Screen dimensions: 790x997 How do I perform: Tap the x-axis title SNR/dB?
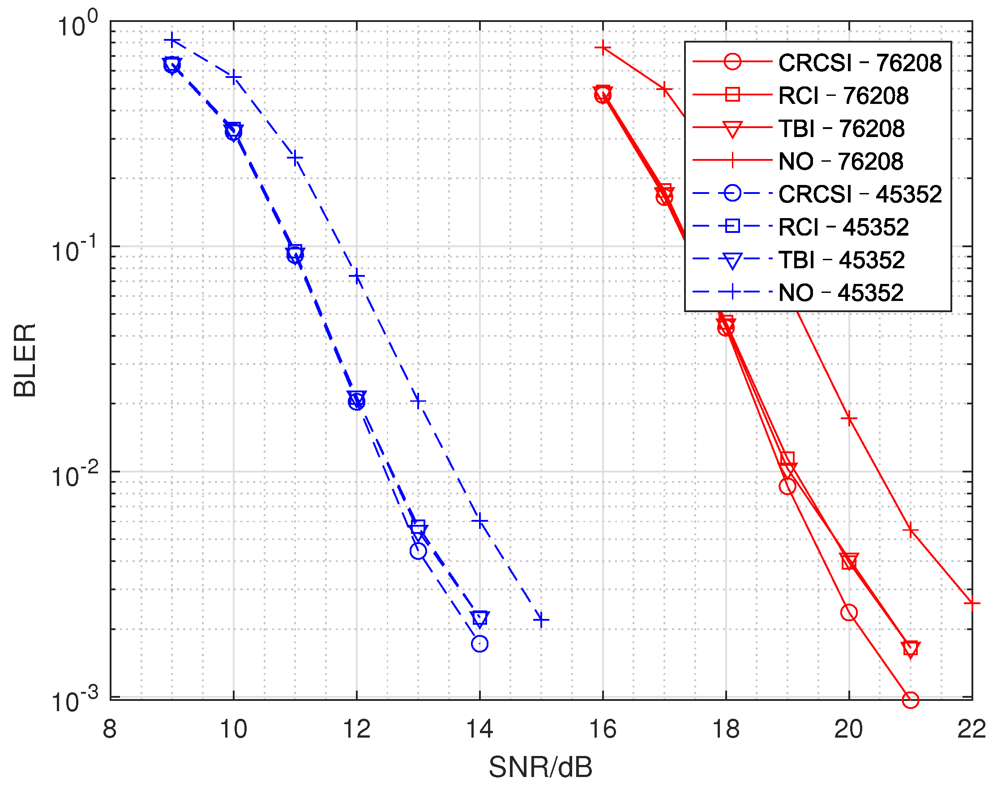click(x=540, y=767)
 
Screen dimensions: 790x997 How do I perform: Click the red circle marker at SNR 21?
click(x=911, y=700)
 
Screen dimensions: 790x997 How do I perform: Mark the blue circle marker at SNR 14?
click(x=479, y=644)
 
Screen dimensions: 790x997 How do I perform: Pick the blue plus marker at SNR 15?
click(x=541, y=620)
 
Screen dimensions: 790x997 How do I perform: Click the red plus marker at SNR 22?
click(x=971, y=604)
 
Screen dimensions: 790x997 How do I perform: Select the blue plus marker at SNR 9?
click(x=172, y=41)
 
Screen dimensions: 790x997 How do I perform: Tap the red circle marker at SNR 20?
click(x=849, y=612)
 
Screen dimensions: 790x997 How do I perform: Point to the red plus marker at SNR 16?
click(x=603, y=47)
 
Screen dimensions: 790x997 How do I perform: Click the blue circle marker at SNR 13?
click(x=418, y=551)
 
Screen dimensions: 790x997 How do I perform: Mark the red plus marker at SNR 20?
click(x=849, y=419)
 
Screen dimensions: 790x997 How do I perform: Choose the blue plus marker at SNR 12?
click(x=356, y=277)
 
